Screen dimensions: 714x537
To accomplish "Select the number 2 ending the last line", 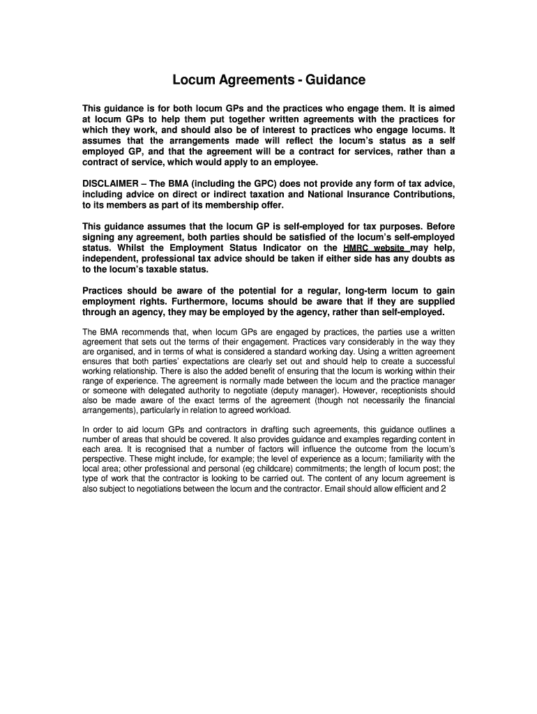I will coord(443,489).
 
